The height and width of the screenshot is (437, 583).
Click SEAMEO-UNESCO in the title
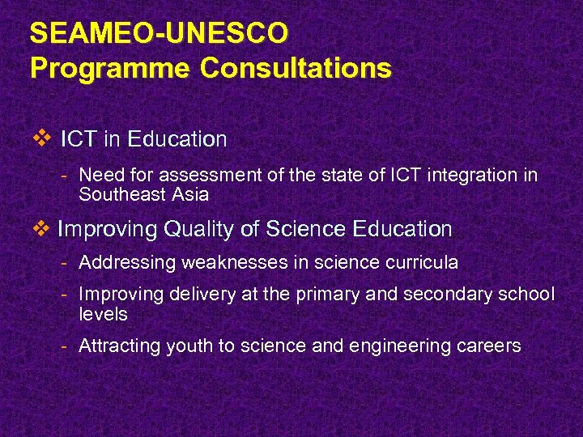(158, 34)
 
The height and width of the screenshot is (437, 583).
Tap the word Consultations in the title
(296, 68)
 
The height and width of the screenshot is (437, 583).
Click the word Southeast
(125, 195)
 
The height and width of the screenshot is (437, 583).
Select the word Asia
(190, 195)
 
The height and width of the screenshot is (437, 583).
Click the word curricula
(422, 262)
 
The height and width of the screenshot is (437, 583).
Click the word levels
(103, 314)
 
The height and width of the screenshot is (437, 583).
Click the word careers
(491, 346)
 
